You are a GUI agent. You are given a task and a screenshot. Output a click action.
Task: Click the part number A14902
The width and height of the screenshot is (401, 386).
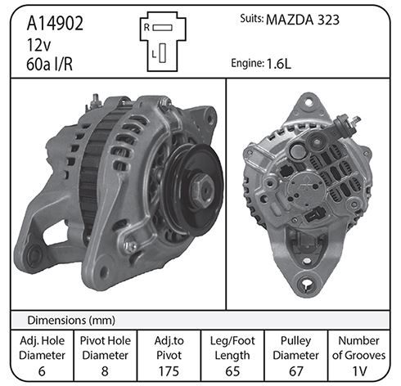coord(55,23)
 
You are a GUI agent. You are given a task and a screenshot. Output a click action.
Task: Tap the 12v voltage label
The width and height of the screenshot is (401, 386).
coord(38,45)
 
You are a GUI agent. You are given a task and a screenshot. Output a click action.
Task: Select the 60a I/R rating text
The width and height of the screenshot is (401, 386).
coord(50,65)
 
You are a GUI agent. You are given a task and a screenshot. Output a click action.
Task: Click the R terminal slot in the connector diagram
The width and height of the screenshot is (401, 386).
coord(162,28)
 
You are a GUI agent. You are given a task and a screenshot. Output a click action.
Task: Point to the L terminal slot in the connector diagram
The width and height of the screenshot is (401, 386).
coord(163,53)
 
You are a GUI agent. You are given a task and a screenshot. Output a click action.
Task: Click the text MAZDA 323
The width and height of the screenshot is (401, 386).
coord(303,20)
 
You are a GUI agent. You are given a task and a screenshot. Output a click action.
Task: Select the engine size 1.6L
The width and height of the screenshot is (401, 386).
coord(279,64)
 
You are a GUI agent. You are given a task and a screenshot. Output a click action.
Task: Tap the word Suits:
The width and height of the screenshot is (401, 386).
coord(251,19)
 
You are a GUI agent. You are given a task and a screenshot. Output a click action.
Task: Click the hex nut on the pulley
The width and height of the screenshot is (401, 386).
coord(201,188)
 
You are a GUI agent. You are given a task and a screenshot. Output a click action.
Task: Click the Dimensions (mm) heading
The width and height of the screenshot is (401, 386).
coord(71,320)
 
